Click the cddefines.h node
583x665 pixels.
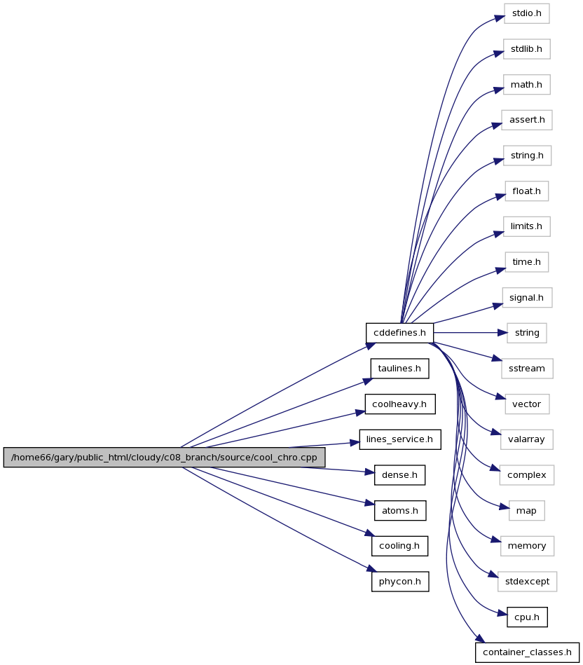399,333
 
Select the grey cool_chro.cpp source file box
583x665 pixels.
164,458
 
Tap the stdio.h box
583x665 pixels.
527,13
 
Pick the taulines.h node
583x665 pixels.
399,369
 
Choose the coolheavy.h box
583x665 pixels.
399,404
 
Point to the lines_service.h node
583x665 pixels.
400,439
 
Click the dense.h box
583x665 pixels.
399,475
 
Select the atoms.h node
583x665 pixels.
400,511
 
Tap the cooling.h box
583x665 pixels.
399,546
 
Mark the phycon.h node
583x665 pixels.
400,582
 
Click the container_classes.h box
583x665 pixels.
527,652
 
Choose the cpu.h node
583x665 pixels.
527,617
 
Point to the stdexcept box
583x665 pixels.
527,582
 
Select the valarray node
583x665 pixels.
526,439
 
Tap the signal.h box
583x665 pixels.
527,298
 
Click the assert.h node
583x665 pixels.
527,120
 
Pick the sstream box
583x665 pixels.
527,369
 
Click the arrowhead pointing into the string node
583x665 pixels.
502,333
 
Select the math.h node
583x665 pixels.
527,85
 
